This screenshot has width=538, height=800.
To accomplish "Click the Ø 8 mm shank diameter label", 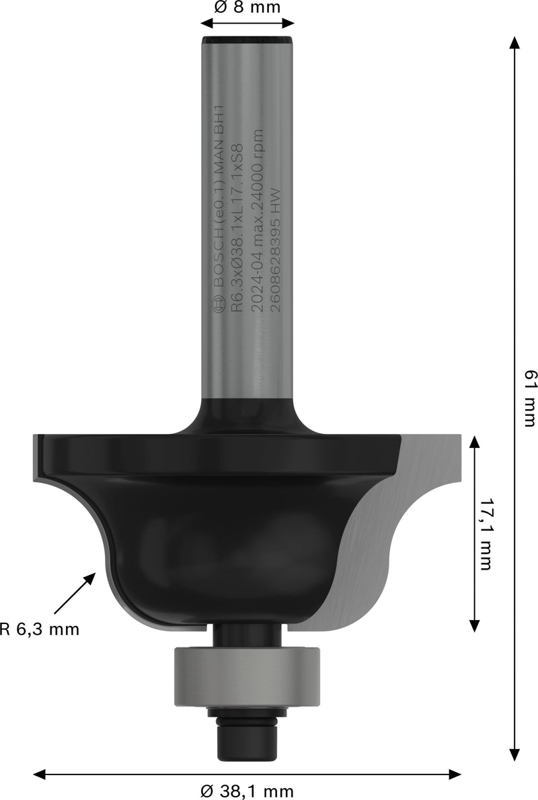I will (x=247, y=7).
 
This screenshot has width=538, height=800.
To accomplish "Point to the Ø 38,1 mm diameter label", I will (x=247, y=791).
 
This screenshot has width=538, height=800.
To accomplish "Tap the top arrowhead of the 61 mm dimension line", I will (x=514, y=42).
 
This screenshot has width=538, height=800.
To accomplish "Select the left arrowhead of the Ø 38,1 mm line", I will (x=39, y=773).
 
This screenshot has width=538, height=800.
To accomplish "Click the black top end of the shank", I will (x=247, y=42).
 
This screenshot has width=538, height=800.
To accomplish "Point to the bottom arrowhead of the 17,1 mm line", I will (x=474, y=626).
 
